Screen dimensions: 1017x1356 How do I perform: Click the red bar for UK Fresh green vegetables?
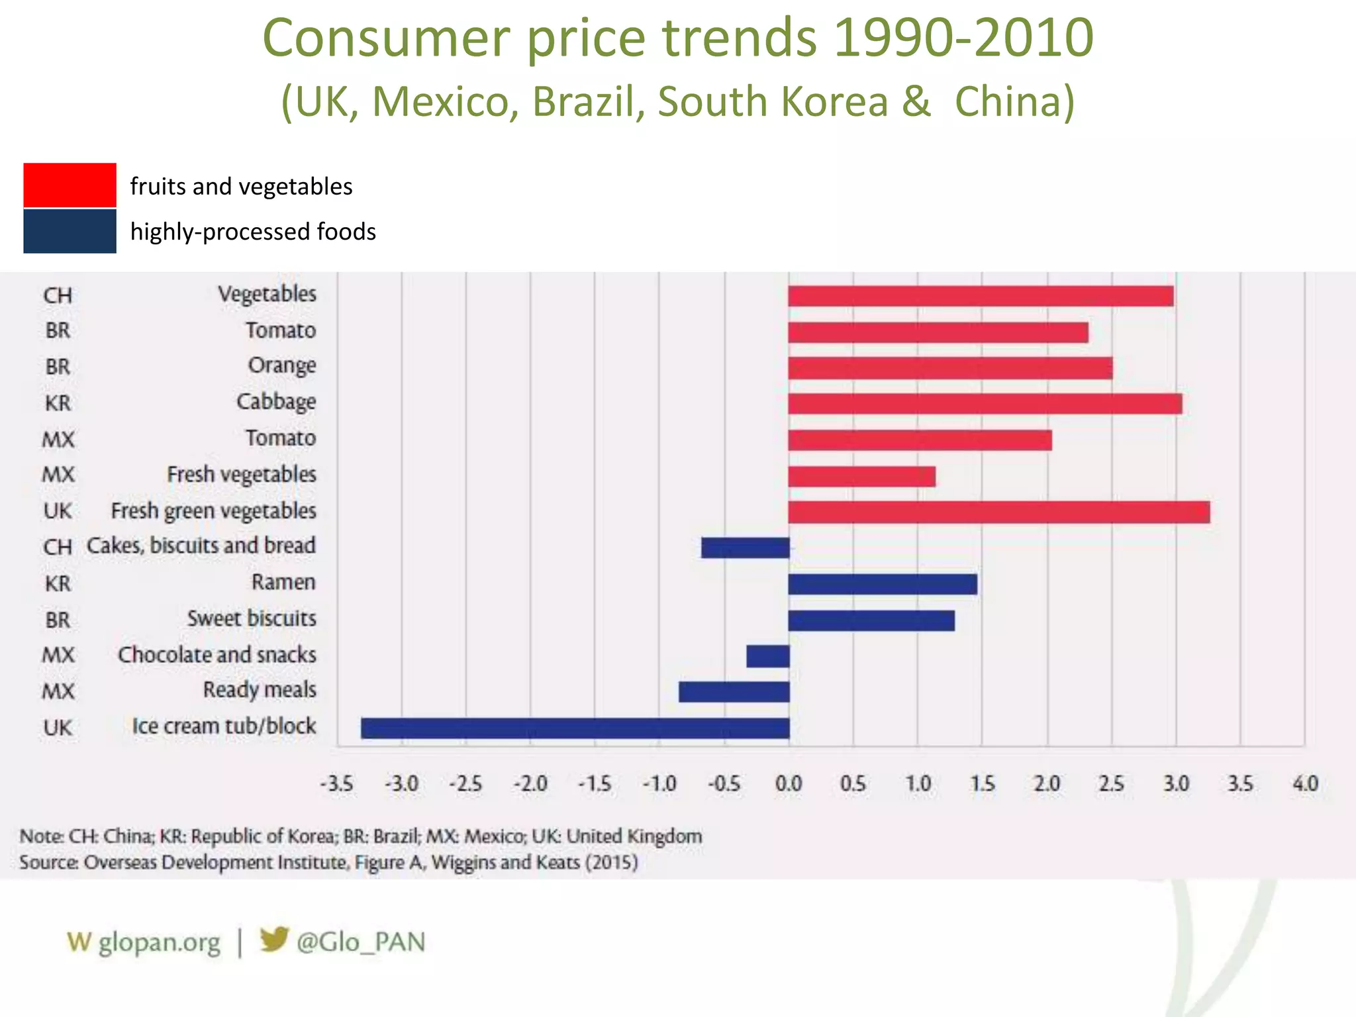pyautogui.click(x=998, y=512)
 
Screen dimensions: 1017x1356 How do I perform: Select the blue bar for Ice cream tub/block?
pyautogui.click(x=575, y=728)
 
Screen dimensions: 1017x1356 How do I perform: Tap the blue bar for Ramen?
pyautogui.click(x=882, y=584)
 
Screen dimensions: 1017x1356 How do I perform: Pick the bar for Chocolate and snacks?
pyautogui.click(x=767, y=656)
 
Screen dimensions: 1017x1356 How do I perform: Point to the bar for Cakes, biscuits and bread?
pyautogui.click(x=745, y=548)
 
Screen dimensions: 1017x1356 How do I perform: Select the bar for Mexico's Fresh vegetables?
pyautogui.click(x=861, y=476)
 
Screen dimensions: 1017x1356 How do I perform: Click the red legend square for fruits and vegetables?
pyautogui.click(x=70, y=185)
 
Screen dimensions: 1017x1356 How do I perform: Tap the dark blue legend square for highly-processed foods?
pyautogui.click(x=70, y=231)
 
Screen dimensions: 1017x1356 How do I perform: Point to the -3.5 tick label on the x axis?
pyautogui.click(x=336, y=784)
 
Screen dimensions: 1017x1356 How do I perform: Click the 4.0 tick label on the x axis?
pyautogui.click(x=1305, y=784)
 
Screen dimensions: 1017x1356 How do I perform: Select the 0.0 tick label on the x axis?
pyautogui.click(x=788, y=784)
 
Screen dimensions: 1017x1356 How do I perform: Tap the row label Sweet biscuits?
pyautogui.click(x=252, y=618)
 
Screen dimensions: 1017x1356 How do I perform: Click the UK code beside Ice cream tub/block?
pyautogui.click(x=58, y=728)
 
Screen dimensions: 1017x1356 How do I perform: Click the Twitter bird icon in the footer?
pyautogui.click(x=273, y=939)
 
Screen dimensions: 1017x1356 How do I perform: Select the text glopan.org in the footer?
pyautogui.click(x=159, y=942)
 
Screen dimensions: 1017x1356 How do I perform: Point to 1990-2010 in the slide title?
pyautogui.click(x=963, y=38)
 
